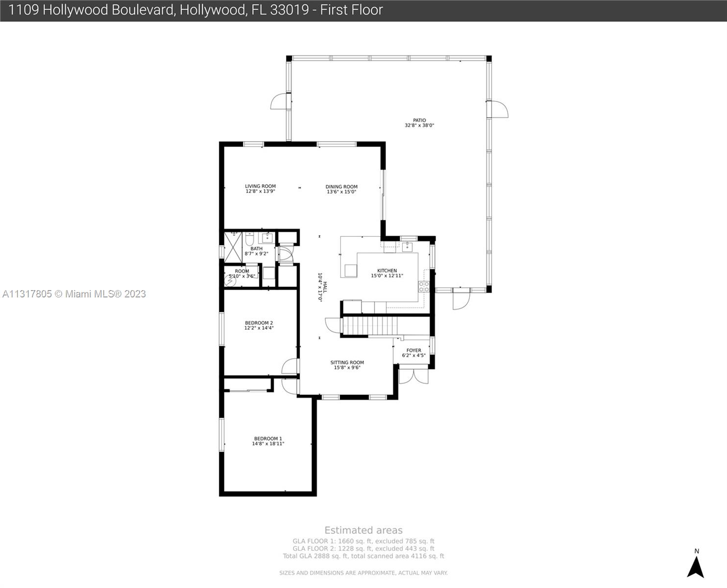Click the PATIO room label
(x=419, y=122)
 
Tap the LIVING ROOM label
(x=260, y=189)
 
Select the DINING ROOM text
(x=341, y=189)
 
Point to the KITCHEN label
(x=387, y=273)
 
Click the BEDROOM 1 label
(x=268, y=441)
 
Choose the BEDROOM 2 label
(x=259, y=325)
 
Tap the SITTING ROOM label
(x=347, y=365)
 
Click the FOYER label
(x=414, y=353)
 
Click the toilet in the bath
(x=249, y=240)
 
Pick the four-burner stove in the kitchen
(x=424, y=287)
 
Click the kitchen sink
(x=408, y=246)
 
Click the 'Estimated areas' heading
(x=363, y=530)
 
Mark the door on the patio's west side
(x=280, y=101)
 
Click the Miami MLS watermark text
(x=74, y=294)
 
